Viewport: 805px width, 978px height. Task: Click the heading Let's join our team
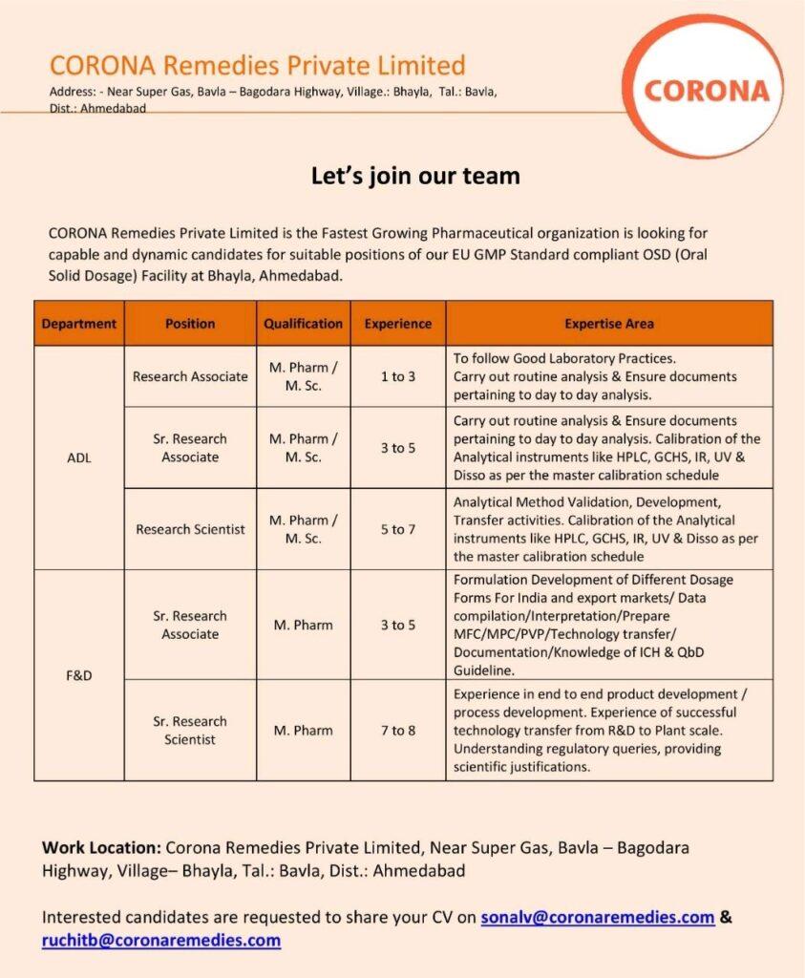[x=415, y=176]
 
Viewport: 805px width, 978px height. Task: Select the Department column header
[x=79, y=324]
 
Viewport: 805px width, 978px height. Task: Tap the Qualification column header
[x=303, y=324]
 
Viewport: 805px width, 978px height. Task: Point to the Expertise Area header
[x=609, y=324]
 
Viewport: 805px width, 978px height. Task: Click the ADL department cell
[x=79, y=457]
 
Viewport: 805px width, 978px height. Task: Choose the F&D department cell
[x=79, y=675]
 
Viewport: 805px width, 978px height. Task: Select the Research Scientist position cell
[x=190, y=529]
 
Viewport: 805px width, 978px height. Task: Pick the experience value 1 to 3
[x=398, y=376]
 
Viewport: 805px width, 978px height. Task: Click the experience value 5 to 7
[x=398, y=529]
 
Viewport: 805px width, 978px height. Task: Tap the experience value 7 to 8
[x=398, y=731]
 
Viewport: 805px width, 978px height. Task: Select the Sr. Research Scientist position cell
[x=190, y=731]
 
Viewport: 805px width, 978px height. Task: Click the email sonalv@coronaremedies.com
[x=598, y=917]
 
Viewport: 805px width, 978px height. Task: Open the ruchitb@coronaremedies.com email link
[x=161, y=940]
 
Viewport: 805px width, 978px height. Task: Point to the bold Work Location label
[x=101, y=847]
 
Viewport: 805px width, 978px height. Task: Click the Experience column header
[x=398, y=324]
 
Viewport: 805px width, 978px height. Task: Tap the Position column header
[x=190, y=324]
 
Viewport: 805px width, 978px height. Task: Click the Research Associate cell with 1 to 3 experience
[x=190, y=376]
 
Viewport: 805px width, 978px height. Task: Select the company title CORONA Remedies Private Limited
[x=257, y=66]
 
